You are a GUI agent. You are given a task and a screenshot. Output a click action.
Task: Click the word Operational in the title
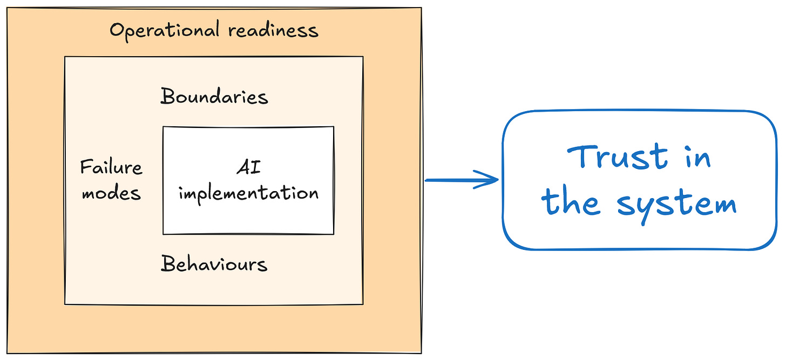165,31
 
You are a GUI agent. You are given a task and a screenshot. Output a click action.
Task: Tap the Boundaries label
214,96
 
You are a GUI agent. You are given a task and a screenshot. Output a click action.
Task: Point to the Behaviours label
214,263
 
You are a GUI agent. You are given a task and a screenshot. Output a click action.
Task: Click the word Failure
111,167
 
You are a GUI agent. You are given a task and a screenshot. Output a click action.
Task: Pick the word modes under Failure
111,193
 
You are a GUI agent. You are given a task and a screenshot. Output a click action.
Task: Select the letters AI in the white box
248,167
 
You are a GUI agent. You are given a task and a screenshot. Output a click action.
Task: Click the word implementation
248,194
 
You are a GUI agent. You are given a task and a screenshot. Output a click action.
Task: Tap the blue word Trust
617,157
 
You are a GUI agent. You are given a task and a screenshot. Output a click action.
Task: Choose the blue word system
677,205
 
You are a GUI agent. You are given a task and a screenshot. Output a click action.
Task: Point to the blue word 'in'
699,158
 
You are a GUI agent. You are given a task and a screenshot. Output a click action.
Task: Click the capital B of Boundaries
168,96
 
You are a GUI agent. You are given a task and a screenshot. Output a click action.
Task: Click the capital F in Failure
86,167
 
